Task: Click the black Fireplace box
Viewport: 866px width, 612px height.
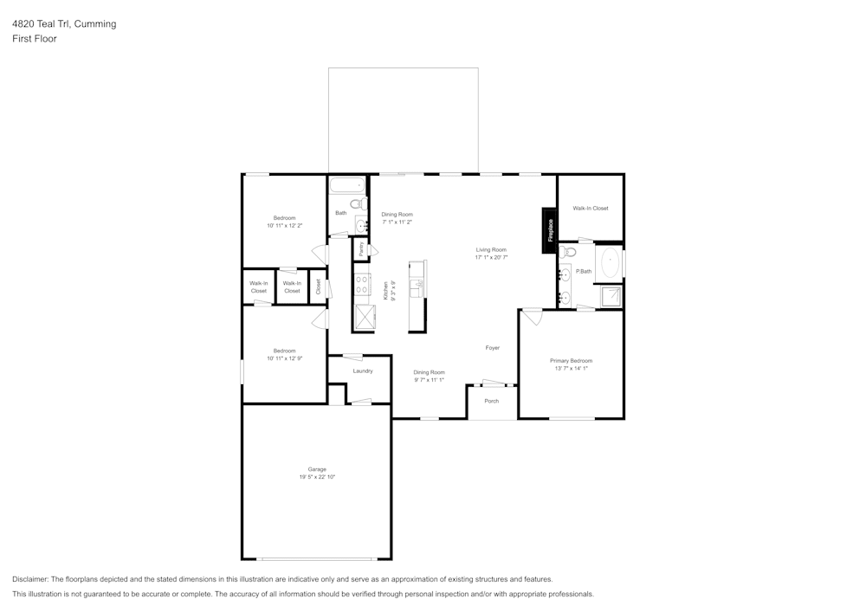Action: [549, 230]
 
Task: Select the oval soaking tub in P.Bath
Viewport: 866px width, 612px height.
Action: [611, 261]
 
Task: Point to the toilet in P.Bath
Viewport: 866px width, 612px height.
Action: [568, 253]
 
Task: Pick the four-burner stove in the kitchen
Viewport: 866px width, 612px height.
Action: [362, 284]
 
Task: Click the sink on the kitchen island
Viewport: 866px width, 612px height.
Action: [417, 287]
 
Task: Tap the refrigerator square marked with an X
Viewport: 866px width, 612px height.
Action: [362, 317]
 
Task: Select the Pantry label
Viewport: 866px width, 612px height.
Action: [360, 248]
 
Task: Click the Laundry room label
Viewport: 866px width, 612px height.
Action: [363, 371]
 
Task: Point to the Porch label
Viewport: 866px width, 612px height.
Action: [491, 401]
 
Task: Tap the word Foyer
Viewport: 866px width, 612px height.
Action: [492, 348]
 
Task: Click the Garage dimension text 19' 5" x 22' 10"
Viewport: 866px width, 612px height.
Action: [317, 477]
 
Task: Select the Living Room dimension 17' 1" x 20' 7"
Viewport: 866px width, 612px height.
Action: [491, 257]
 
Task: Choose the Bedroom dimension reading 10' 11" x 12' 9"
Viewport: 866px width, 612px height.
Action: [284, 358]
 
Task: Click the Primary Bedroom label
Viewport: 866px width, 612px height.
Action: [571, 360]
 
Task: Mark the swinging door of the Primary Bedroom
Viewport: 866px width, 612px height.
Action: [532, 316]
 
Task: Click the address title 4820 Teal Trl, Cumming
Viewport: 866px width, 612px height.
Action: [64, 24]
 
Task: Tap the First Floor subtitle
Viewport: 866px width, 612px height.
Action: [35, 39]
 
